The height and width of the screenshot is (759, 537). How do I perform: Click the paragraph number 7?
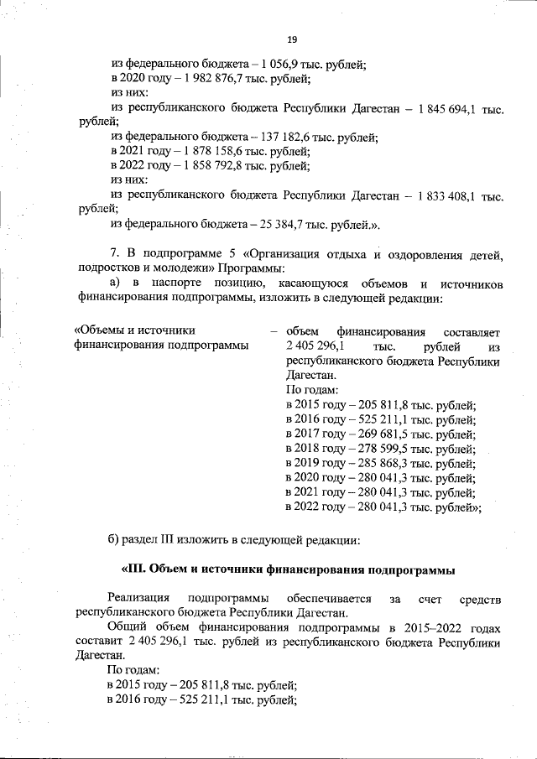tap(114, 254)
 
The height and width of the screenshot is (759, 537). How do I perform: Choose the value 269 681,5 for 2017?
tap(373, 434)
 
